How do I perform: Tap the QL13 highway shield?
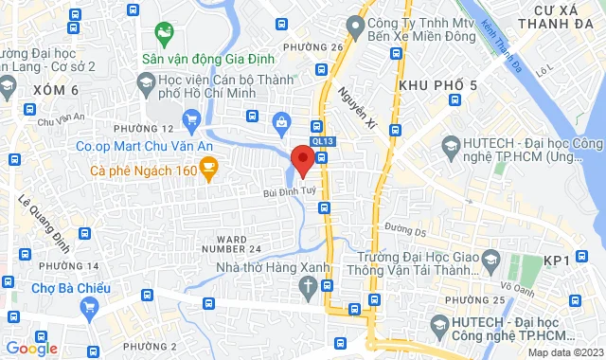pyautogui.click(x=323, y=141)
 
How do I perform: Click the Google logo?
pyautogui.click(x=31, y=348)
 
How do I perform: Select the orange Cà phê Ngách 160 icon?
pyautogui.click(x=208, y=171)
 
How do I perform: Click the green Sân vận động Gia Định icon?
pyautogui.click(x=165, y=36)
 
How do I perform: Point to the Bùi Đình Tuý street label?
pyautogui.click(x=289, y=191)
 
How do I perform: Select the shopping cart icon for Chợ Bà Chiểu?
pyautogui.click(x=90, y=307)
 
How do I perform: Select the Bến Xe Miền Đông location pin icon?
pyautogui.click(x=356, y=23)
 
